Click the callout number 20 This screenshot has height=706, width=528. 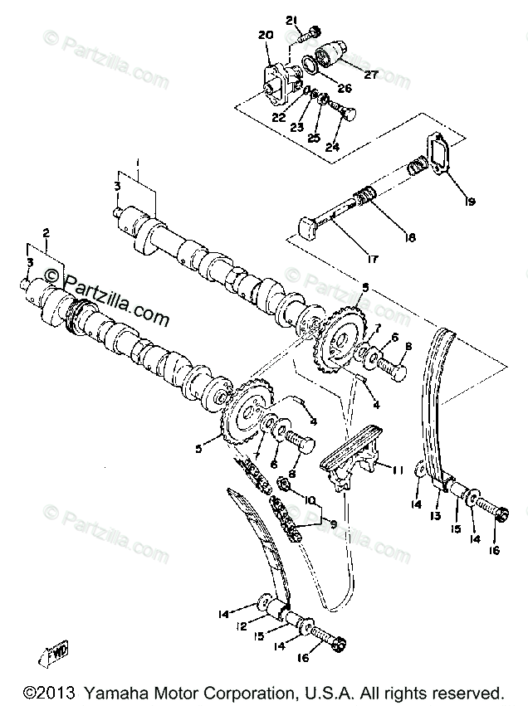click(x=266, y=35)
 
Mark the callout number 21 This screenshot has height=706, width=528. click(x=291, y=20)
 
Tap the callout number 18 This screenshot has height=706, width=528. click(x=408, y=237)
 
